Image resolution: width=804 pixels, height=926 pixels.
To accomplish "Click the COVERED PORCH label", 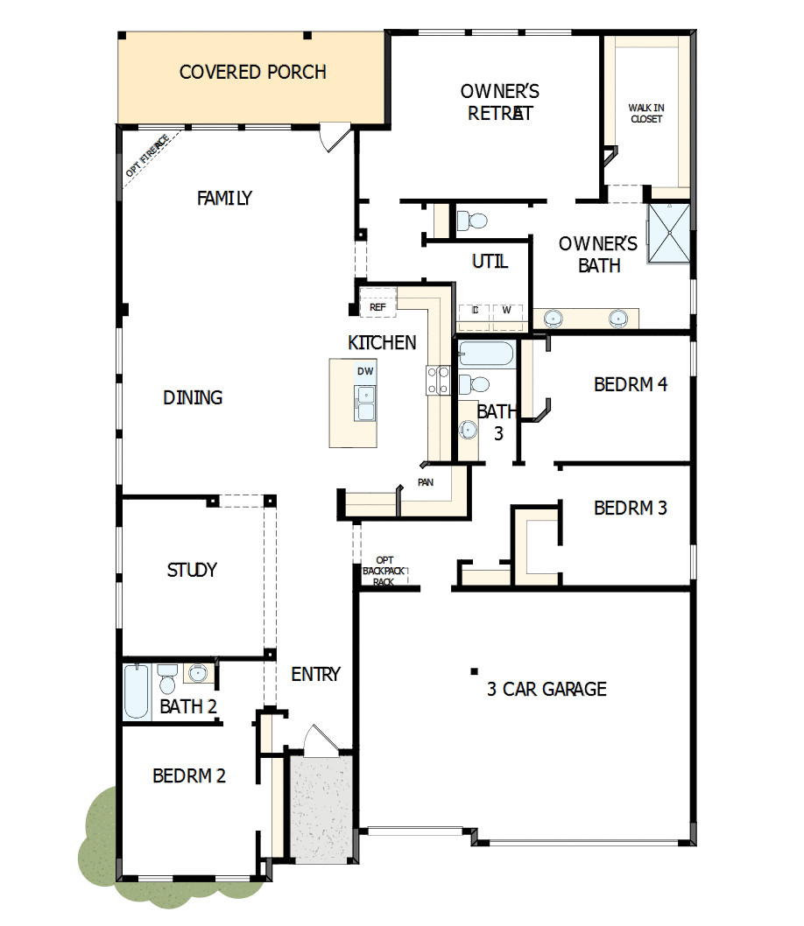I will tap(252, 72).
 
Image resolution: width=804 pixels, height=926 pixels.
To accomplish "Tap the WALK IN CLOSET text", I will tap(645, 114).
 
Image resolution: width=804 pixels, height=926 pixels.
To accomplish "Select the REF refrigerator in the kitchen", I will tap(377, 307).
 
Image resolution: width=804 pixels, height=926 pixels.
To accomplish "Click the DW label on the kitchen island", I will tap(365, 371).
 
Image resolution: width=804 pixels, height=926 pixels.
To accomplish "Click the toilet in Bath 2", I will tap(167, 680).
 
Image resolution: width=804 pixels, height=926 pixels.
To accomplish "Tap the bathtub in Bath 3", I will tap(488, 354).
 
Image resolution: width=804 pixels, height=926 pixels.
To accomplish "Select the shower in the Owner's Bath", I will tap(669, 233).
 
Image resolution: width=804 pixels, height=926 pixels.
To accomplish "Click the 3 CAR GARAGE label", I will tap(547, 689).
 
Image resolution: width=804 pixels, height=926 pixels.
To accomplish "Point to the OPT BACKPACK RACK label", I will tap(384, 571).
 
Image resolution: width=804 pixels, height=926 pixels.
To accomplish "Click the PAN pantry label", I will tap(425, 482).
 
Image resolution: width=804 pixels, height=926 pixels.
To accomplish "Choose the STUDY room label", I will tap(192, 570).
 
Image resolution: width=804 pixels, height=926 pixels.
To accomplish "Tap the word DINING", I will tap(193, 397).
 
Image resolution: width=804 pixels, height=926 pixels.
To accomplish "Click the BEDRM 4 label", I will tap(631, 383).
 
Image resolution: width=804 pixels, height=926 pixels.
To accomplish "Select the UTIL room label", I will tap(490, 261).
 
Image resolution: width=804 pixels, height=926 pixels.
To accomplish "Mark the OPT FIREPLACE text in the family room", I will tap(146, 155).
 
